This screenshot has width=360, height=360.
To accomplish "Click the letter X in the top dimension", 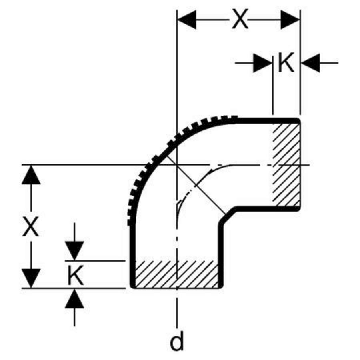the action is click(x=240, y=19).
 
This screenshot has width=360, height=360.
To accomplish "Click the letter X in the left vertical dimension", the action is click(x=30, y=226).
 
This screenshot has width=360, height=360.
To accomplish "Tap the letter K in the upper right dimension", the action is click(x=286, y=62).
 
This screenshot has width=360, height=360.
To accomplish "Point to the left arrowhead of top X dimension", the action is click(x=186, y=20).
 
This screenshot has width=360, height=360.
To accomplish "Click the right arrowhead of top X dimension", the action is click(x=290, y=20).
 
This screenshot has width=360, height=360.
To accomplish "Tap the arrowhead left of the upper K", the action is click(x=263, y=63).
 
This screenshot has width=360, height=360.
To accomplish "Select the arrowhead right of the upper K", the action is click(x=310, y=63).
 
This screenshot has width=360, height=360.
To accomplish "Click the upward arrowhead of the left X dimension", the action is click(x=31, y=174).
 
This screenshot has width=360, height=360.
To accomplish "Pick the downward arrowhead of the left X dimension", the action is click(x=31, y=278).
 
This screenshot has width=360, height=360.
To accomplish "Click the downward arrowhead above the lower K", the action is click(x=74, y=251).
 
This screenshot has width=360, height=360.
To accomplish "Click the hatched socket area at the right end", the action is click(x=286, y=165).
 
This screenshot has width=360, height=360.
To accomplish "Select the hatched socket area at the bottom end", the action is click(x=176, y=274).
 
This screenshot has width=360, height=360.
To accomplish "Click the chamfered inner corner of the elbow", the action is click(x=227, y=215).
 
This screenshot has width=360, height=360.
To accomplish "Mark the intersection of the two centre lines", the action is click(x=177, y=165).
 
